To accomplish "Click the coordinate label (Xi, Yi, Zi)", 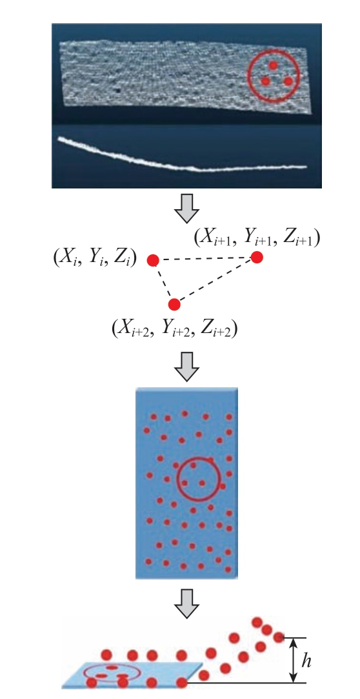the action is coord(95,259).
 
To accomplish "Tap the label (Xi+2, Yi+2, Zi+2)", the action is coord(174,329).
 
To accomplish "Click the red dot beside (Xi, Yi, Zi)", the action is coord(154,260).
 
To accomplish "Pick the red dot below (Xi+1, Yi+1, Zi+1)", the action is coord(257,258).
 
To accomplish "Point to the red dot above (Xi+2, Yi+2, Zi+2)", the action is coord(174,305).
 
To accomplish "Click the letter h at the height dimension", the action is coord(306,661).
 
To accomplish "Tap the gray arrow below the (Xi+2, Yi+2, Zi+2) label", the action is coord(186,367).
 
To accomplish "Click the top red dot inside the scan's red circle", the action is coord(273,65).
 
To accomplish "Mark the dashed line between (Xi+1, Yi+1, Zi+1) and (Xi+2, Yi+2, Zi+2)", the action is coord(215,281).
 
